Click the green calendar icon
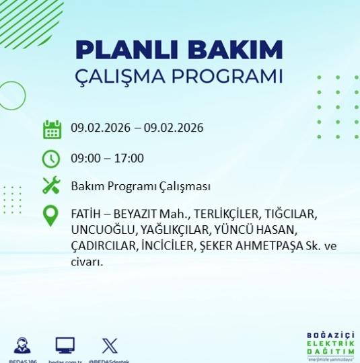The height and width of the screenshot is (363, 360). click(52, 129)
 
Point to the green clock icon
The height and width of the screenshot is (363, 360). click(52, 159)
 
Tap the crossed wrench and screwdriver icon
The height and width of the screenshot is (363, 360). click(52, 186)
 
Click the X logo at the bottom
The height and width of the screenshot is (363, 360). click(110, 346)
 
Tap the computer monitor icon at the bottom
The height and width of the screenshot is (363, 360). click(65, 346)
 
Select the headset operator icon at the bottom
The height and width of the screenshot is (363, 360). click(21, 346)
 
